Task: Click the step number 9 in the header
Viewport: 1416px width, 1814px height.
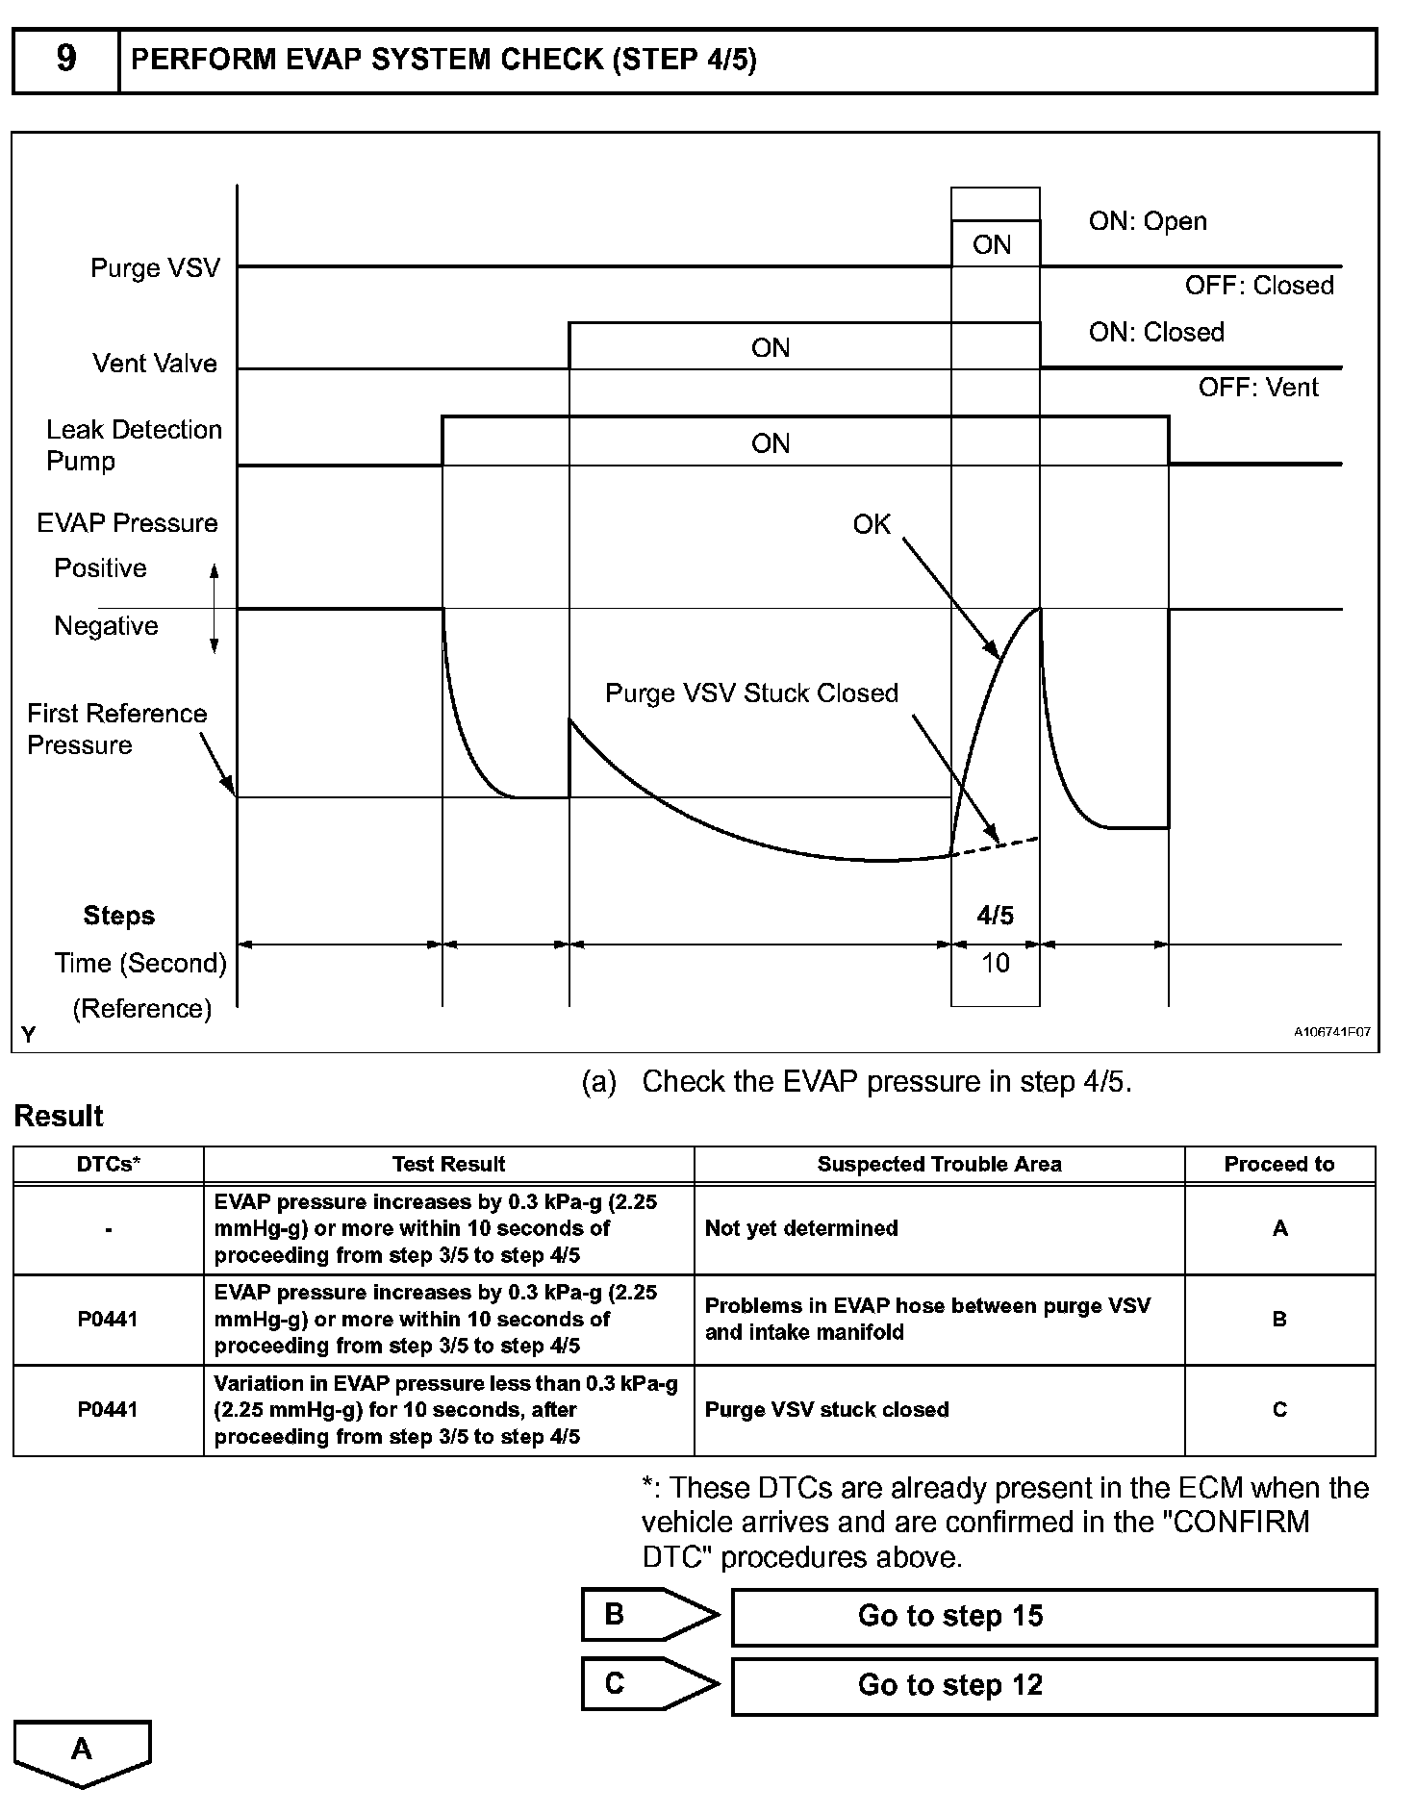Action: click(65, 59)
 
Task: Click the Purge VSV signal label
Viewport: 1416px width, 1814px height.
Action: click(155, 267)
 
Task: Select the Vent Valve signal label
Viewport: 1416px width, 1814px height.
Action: click(155, 364)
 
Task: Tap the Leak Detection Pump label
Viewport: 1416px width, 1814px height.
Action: click(134, 444)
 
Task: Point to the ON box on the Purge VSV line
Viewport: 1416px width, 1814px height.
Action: click(993, 244)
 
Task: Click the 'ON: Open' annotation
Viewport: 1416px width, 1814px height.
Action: click(1147, 221)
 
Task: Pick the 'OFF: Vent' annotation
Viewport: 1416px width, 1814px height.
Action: click(1257, 388)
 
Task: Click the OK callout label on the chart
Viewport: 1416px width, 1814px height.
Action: click(872, 524)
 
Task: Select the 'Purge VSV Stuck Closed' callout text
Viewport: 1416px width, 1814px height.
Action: click(751, 693)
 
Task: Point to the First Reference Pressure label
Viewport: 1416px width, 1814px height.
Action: click(116, 729)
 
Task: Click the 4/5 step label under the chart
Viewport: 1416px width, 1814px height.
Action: click(995, 916)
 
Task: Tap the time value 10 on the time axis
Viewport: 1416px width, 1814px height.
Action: click(995, 963)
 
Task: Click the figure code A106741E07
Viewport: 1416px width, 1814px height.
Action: click(1331, 1032)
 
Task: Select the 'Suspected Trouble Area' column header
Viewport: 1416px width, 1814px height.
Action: click(939, 1165)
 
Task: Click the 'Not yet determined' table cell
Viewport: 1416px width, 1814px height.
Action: click(801, 1228)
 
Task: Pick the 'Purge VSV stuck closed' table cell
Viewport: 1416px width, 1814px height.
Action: click(826, 1410)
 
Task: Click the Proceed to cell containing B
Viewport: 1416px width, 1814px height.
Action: click(1279, 1320)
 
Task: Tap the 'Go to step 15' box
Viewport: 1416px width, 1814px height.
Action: click(1053, 1617)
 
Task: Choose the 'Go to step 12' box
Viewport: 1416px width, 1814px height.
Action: click(1053, 1686)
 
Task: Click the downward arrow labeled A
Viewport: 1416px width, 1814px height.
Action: click(83, 1751)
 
